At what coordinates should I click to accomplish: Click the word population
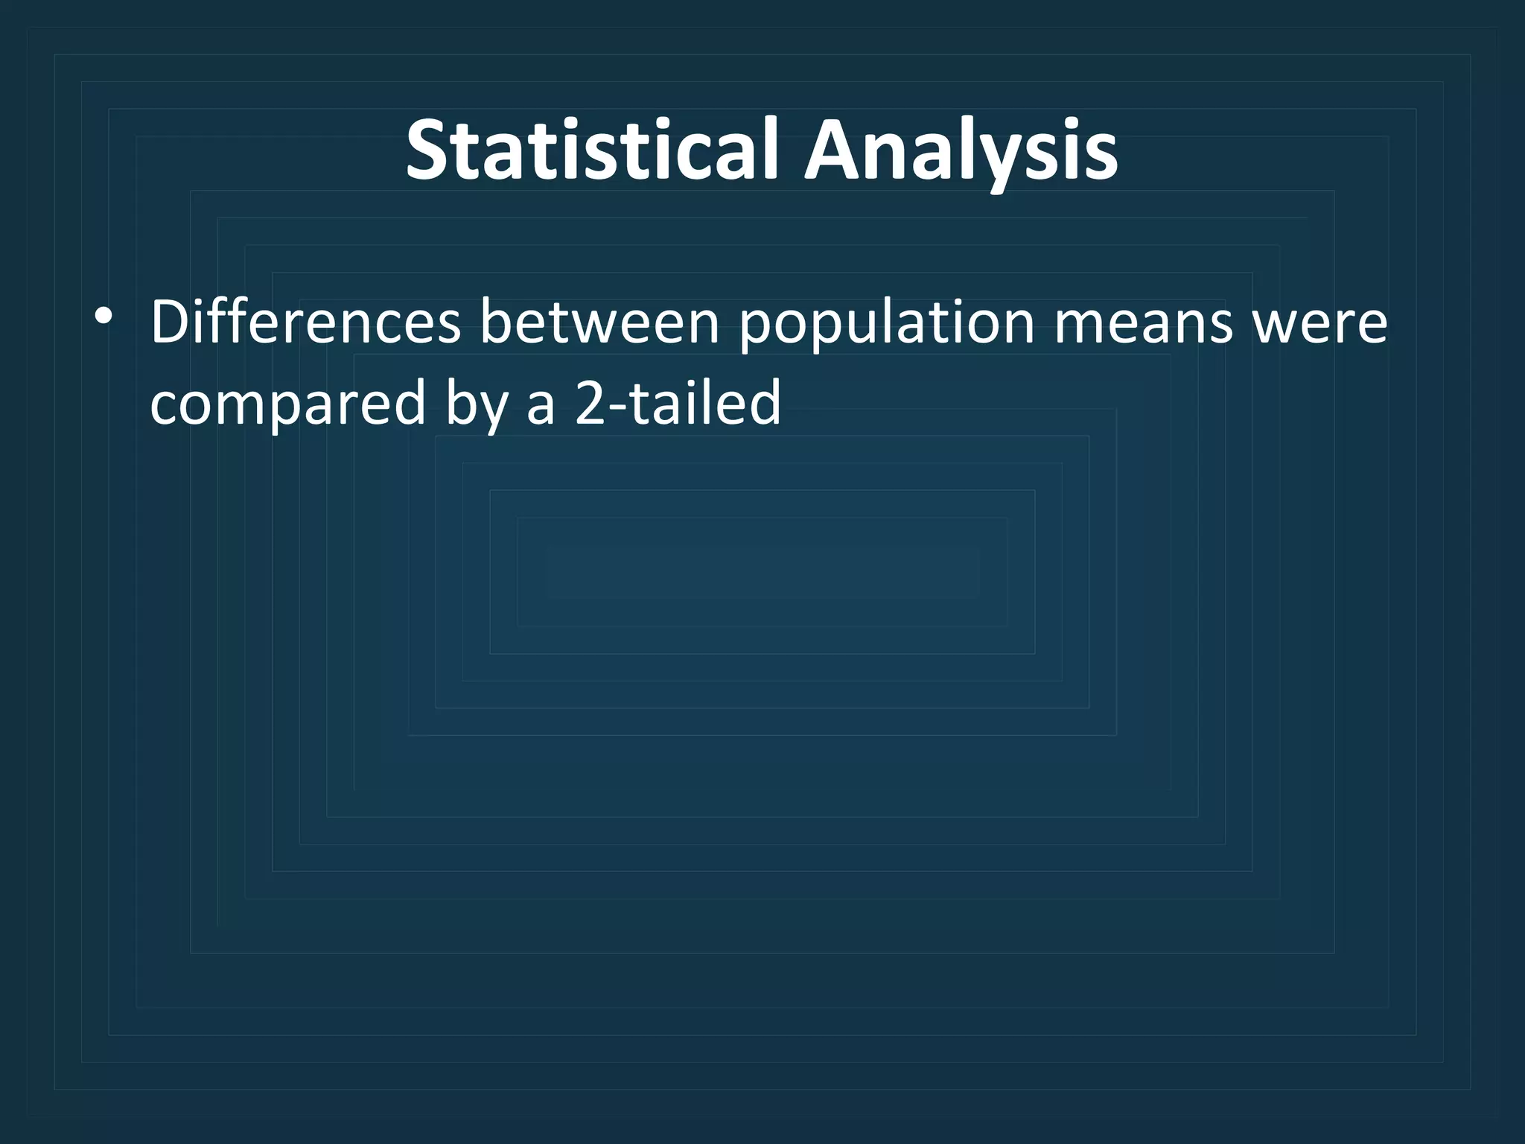pyautogui.click(x=887, y=325)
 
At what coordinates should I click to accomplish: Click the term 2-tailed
pyautogui.click(x=678, y=402)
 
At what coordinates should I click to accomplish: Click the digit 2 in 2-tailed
pyautogui.click(x=590, y=402)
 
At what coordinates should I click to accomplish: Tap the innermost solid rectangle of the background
pyautogui.click(x=762, y=572)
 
